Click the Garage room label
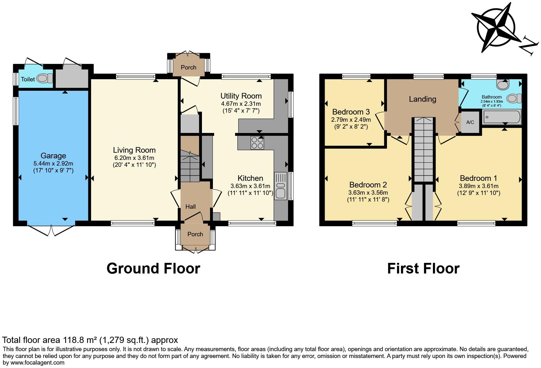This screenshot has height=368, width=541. (x=53, y=156)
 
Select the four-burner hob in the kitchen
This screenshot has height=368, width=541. (x=257, y=143)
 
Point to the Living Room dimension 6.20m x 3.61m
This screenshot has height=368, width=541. (x=134, y=158)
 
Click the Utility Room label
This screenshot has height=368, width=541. (x=241, y=96)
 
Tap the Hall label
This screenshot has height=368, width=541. (x=190, y=207)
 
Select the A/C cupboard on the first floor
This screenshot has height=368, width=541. (x=470, y=122)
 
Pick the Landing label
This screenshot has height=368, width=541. (x=422, y=99)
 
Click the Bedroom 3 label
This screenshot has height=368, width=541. (x=351, y=112)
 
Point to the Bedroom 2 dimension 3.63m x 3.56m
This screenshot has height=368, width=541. (x=368, y=193)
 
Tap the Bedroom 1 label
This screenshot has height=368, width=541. (x=478, y=178)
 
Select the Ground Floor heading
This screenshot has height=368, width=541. (x=153, y=268)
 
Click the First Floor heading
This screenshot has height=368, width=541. (x=423, y=268)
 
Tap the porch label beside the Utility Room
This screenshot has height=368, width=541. (x=188, y=67)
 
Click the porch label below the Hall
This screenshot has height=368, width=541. (x=195, y=234)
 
